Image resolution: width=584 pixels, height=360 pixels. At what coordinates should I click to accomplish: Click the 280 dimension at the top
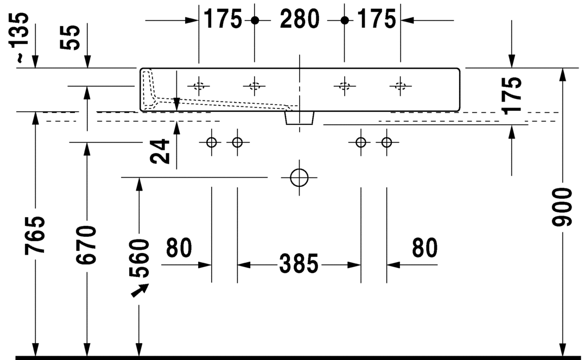pyautogui.click(x=300, y=20)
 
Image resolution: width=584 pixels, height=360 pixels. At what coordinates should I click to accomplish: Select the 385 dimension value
pyautogui.click(x=299, y=264)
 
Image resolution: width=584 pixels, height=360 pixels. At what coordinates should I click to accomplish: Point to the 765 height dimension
pyautogui.click(x=35, y=236)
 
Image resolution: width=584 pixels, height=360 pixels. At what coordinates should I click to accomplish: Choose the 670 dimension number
pyautogui.click(x=86, y=245)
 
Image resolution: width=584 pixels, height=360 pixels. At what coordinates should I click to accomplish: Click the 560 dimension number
pyautogui.click(x=139, y=258)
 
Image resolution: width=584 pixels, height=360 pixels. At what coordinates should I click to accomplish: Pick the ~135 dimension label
pyautogui.click(x=18, y=37)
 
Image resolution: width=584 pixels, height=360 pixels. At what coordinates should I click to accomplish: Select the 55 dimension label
pyautogui.click(x=70, y=37)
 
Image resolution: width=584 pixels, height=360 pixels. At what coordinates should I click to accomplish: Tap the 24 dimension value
pyautogui.click(x=160, y=151)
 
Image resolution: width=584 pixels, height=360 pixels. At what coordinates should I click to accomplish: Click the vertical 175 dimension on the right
pyautogui.click(x=511, y=96)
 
